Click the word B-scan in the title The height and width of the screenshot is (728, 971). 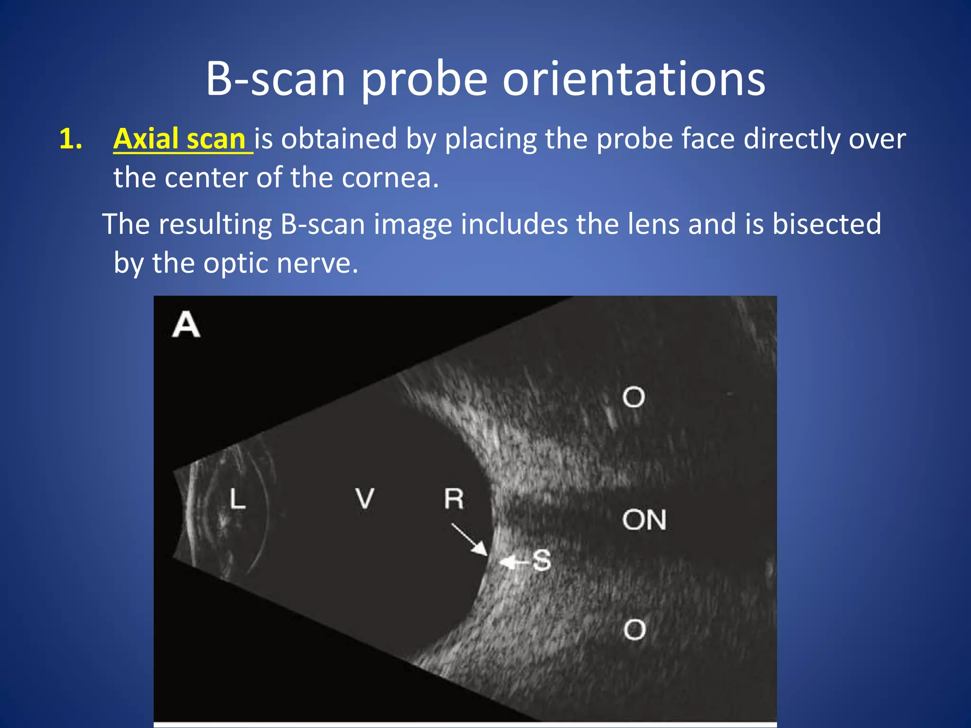[x=275, y=79]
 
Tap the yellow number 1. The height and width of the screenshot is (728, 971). [x=71, y=140]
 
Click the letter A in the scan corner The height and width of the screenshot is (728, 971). [x=186, y=325]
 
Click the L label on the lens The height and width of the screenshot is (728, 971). [x=237, y=500]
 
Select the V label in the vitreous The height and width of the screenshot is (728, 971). [x=365, y=499]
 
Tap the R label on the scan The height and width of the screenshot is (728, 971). [x=454, y=499]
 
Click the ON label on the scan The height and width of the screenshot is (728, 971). [x=644, y=520]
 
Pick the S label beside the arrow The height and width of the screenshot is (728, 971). [x=541, y=561]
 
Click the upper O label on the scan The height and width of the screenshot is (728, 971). [x=633, y=397]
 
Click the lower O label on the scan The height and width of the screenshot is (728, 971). [x=634, y=630]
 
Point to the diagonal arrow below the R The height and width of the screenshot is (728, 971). [x=469, y=539]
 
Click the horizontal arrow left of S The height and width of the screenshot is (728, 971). [x=513, y=563]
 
